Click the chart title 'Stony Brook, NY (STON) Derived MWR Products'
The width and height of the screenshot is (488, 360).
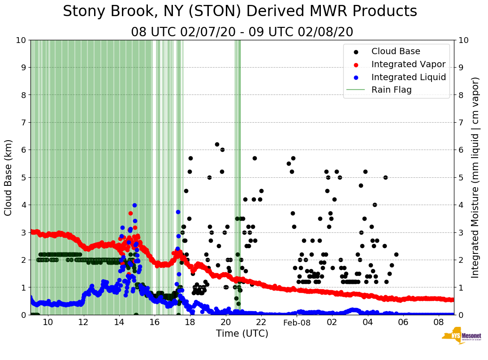[x=240, y=12]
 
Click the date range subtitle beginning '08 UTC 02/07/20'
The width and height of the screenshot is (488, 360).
[x=242, y=32]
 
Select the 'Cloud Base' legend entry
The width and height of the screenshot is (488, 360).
[x=396, y=51]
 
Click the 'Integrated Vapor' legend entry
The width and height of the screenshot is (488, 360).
[x=408, y=64]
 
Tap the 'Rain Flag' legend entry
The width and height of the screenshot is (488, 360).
[x=391, y=90]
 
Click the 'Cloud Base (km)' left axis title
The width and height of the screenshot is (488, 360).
[x=9, y=177]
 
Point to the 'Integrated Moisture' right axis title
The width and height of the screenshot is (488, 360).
[x=475, y=177]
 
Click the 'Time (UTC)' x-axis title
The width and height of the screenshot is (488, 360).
[x=242, y=334]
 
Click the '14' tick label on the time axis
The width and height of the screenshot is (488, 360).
[x=119, y=322]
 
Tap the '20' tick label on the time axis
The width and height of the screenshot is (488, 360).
[x=225, y=322]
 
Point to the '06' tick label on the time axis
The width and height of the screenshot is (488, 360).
[x=403, y=322]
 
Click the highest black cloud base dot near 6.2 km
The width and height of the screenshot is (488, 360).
[x=217, y=144]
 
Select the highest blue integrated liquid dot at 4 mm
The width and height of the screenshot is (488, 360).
[x=134, y=205]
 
